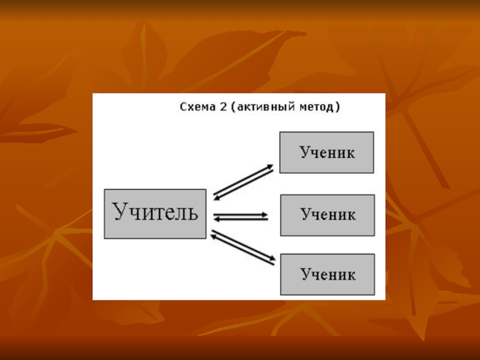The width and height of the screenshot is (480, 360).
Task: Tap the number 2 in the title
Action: pyautogui.click(x=223, y=108)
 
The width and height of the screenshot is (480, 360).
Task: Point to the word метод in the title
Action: pyautogui.click(x=316, y=108)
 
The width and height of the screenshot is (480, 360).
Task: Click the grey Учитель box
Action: pyautogui.click(x=155, y=214)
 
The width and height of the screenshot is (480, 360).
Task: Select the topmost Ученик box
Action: pyautogui.click(x=327, y=152)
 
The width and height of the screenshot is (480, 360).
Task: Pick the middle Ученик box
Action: pyautogui.click(x=328, y=215)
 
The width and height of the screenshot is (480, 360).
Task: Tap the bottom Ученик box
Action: pyautogui.click(x=328, y=275)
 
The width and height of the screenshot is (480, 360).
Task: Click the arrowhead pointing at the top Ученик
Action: pyautogui.click(x=271, y=166)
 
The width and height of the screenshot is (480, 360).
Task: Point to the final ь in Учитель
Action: pyautogui.click(x=192, y=212)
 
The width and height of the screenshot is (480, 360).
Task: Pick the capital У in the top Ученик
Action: pyautogui.click(x=304, y=152)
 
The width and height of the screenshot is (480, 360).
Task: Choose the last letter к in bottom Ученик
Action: pyautogui.click(x=351, y=275)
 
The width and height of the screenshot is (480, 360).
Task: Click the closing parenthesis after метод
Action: pyautogui.click(x=338, y=108)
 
